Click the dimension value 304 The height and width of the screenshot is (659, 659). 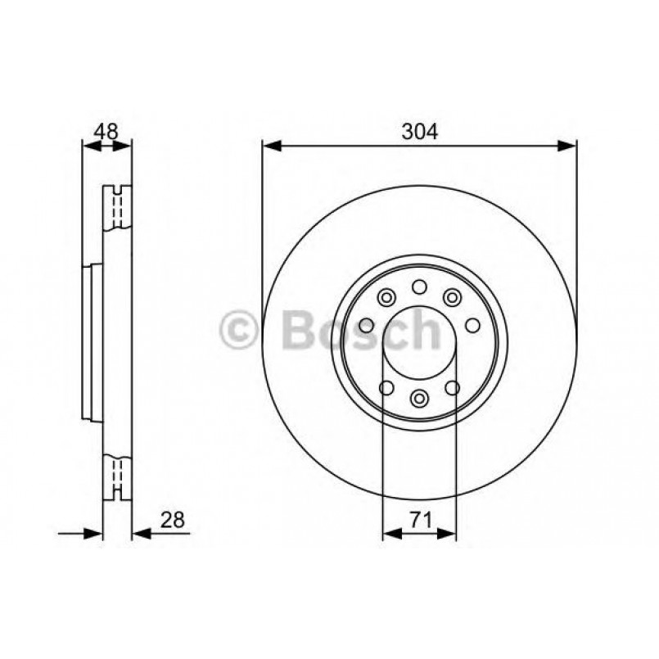click(420, 131)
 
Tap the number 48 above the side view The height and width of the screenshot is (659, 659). click(107, 131)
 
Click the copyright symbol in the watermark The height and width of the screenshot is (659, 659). click(240, 332)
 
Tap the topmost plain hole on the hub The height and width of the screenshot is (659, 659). click(419, 286)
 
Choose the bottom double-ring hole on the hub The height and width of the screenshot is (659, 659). click(419, 398)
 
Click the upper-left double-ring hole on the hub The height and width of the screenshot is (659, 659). click(386, 297)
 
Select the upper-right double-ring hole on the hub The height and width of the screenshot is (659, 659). click(453, 297)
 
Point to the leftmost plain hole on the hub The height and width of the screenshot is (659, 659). click(366, 325)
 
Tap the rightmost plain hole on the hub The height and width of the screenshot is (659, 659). click(472, 325)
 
